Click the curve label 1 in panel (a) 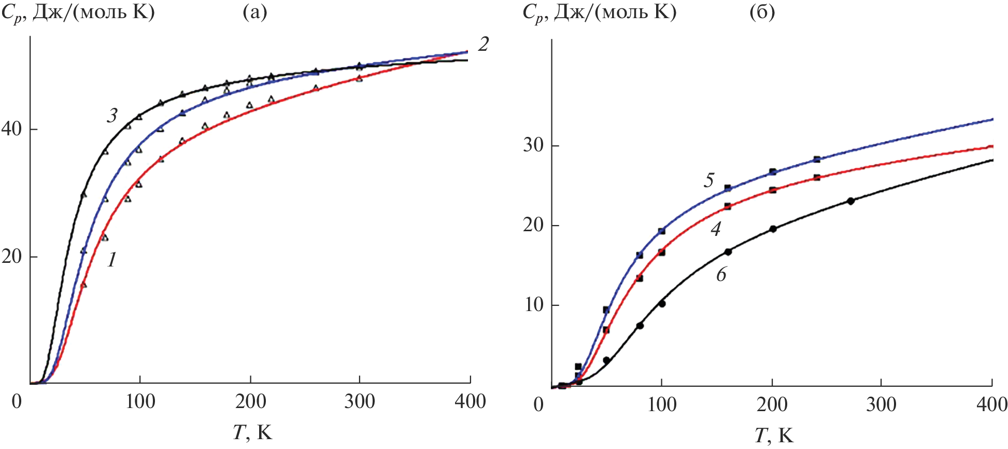112,260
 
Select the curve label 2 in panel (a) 483,45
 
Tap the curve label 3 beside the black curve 112,116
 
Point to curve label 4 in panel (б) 716,229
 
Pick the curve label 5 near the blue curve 708,180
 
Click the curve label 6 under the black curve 721,275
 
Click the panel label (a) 255,12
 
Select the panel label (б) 762,12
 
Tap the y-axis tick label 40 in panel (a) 11,129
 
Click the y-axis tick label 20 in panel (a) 11,257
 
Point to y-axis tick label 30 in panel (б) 533,145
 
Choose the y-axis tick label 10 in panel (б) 533,305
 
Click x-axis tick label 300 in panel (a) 360,402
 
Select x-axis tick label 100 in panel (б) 662,404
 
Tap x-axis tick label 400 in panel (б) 991,404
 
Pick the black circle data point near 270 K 850,201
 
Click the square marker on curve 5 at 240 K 817,160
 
